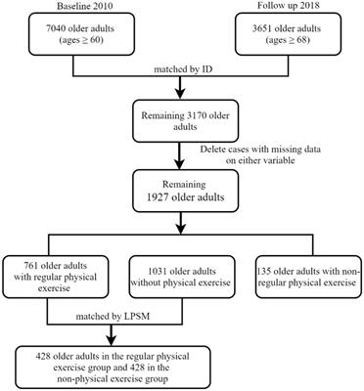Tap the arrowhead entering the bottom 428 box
click(181, 340)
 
